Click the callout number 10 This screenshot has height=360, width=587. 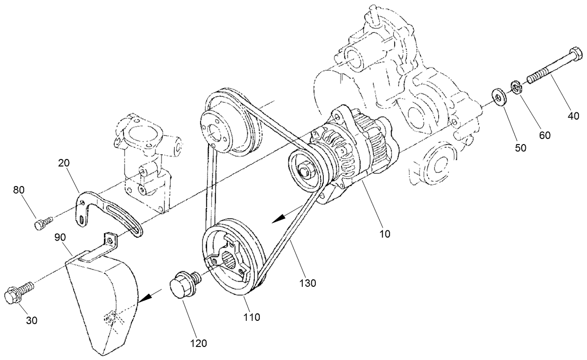coord(385,233)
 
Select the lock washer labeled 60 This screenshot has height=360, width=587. coord(516,87)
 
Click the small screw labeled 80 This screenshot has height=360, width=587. coord(40,224)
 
